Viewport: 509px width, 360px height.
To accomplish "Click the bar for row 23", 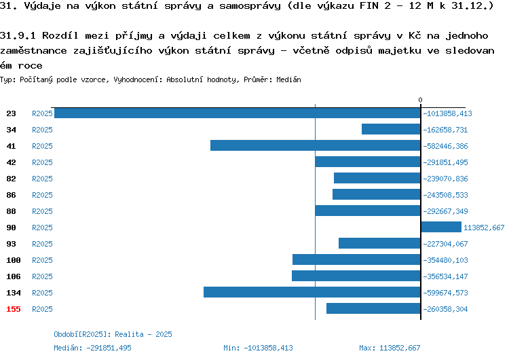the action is [x=238, y=113].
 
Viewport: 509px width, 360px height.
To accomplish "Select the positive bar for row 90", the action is [x=441, y=227].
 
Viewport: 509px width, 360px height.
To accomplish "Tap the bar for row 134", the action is [x=312, y=292].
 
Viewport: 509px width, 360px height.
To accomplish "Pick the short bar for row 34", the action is [x=391, y=129].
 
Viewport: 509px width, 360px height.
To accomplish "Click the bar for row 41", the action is [x=315, y=145].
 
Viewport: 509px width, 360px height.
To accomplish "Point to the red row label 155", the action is [x=14, y=309].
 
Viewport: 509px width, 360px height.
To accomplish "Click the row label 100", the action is [x=14, y=260].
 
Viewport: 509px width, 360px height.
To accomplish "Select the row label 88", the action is [x=11, y=211].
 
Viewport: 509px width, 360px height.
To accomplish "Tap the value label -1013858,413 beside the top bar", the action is [x=447, y=113].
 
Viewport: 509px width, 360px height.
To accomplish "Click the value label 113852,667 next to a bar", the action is [x=484, y=228].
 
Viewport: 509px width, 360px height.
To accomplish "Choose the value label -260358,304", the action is [x=445, y=309].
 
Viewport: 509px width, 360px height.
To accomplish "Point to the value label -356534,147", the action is [x=445, y=276].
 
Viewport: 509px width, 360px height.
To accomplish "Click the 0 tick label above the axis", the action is [x=420, y=100].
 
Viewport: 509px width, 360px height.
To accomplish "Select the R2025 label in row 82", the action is [x=42, y=179].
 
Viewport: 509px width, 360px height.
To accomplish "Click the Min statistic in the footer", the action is [x=258, y=348].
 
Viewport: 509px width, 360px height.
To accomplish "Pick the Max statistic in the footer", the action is [x=390, y=348].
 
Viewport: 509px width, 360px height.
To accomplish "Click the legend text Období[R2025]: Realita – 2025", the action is [x=113, y=334].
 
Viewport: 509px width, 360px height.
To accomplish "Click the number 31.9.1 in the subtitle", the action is [x=18, y=35].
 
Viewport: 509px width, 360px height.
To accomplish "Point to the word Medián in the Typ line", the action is [x=288, y=79].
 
